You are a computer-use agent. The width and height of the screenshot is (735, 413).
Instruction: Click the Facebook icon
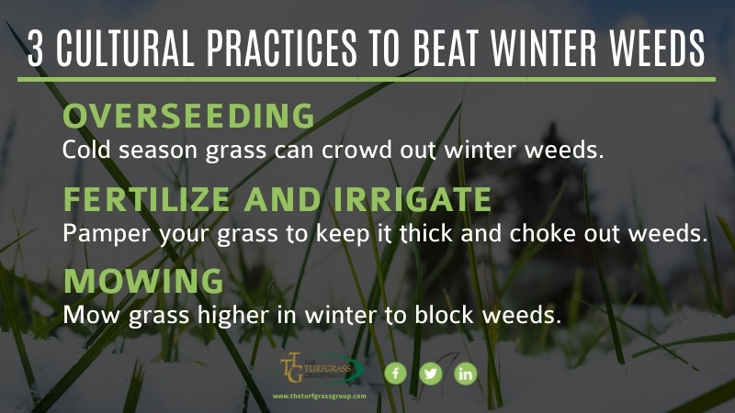tap(395, 374)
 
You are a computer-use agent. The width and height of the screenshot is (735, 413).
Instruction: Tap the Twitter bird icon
tap(430, 374)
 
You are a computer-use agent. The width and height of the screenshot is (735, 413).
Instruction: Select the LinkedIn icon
tap(466, 374)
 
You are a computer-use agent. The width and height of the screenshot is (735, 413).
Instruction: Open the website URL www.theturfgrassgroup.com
tap(319, 396)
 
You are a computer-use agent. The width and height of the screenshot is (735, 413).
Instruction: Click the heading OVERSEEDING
tap(188, 116)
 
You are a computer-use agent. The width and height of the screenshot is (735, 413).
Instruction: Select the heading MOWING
tap(143, 281)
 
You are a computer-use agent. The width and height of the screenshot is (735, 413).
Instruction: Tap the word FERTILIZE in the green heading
tap(147, 199)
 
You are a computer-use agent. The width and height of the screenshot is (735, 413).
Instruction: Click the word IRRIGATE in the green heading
tap(413, 199)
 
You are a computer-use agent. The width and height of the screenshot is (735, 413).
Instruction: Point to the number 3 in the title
tap(36, 49)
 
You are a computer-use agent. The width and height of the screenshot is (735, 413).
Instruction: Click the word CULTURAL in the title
tap(126, 49)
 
